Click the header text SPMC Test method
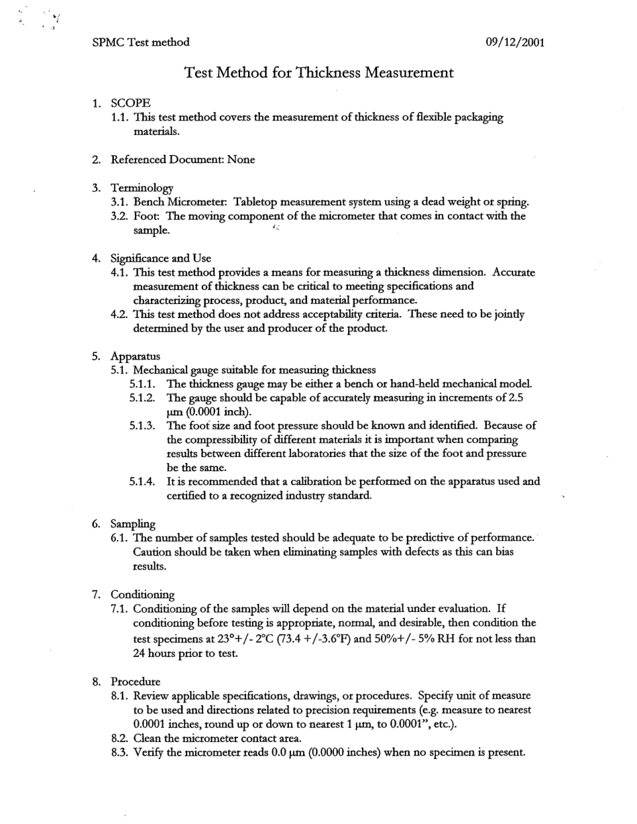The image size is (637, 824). (x=141, y=42)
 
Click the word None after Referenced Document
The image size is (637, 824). (x=241, y=160)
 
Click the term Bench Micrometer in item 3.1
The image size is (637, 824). (x=178, y=202)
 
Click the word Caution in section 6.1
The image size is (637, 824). (x=154, y=552)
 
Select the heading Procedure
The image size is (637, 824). (x=135, y=681)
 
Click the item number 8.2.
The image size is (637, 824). (x=120, y=738)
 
